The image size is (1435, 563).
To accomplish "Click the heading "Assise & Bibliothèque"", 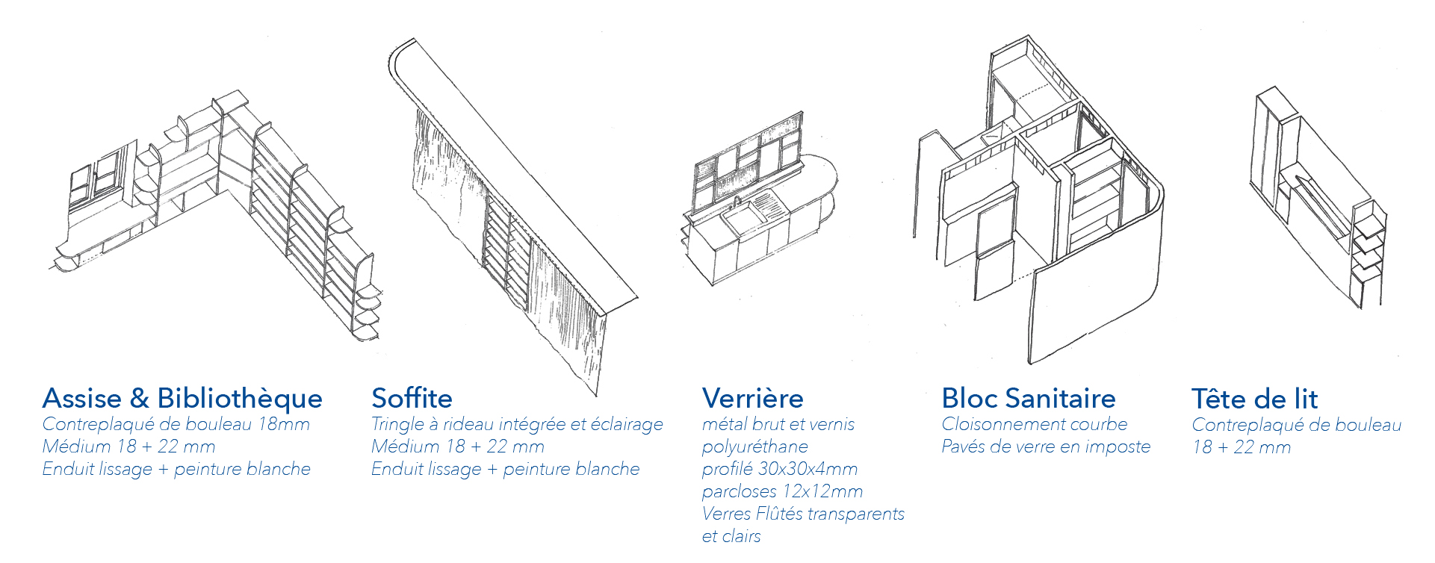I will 182,399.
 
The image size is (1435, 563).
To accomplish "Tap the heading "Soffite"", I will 412,399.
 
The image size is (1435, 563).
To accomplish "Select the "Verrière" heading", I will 752,399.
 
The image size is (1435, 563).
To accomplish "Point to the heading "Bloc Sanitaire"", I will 1028,399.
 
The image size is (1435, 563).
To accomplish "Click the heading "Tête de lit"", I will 1254,399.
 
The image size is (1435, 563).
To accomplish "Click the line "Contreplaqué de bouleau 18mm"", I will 176,425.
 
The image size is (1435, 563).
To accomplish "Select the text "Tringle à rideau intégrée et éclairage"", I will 517,425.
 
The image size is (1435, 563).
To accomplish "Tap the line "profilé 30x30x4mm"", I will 779,470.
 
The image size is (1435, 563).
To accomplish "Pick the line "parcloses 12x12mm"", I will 782,492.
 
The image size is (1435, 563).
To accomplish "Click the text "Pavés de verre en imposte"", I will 1045,447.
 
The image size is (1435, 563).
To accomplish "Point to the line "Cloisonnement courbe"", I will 1034,425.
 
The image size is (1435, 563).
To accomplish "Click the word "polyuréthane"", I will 754,447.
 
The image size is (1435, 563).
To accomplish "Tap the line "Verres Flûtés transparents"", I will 803,514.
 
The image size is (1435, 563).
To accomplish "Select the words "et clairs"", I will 731,537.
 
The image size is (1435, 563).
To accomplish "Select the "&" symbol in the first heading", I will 139,399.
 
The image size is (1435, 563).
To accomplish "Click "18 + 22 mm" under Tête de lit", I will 1241,448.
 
